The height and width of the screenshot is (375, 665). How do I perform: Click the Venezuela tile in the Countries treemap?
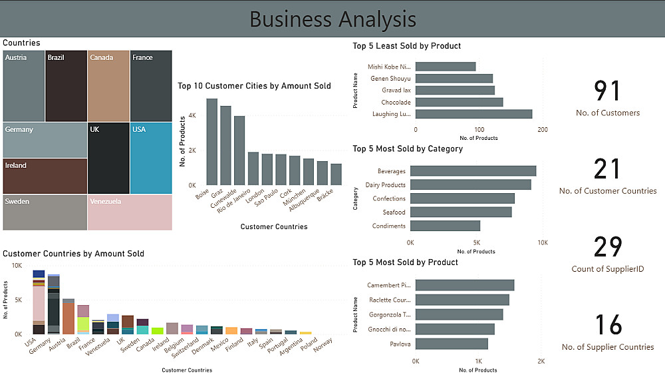130,212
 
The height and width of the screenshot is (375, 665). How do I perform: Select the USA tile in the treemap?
151,158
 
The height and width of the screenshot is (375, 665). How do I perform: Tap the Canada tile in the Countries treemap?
108,85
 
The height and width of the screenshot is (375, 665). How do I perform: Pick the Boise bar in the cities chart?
211,141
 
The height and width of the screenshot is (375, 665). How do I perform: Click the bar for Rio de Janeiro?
253,168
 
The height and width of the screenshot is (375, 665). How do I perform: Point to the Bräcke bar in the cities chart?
336,174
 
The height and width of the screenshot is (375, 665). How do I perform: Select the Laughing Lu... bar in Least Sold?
473,114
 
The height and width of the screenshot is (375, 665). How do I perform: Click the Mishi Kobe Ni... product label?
389,67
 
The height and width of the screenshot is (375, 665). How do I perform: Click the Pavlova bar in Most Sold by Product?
452,344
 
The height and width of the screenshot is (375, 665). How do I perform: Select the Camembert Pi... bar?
464,285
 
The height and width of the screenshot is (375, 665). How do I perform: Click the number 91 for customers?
607,91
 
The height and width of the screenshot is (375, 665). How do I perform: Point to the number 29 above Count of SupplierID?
607,247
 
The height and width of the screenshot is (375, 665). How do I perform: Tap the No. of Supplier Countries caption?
607,347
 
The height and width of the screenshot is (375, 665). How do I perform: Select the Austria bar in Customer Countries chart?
68,316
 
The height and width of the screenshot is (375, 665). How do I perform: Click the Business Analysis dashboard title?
332,19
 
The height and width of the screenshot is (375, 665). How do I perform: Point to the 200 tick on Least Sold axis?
543,129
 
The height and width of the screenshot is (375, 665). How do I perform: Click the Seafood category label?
394,212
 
